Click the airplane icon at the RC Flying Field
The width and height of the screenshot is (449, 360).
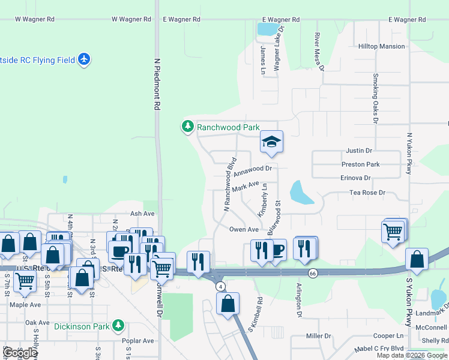click(x=84, y=59)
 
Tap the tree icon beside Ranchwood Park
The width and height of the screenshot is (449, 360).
click(x=188, y=127)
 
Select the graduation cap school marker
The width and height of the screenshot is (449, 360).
click(x=271, y=142)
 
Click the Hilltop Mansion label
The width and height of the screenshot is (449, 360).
click(x=381, y=46)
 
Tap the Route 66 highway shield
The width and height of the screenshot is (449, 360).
click(x=313, y=273)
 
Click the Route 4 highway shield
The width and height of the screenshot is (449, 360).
click(x=221, y=286)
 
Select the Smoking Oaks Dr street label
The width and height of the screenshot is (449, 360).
click(x=375, y=98)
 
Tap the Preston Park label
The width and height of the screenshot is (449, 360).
click(x=360, y=164)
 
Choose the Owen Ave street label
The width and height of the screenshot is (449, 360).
click(x=244, y=229)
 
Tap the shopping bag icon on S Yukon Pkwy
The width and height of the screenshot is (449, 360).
click(x=417, y=259)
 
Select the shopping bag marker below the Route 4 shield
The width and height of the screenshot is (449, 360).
click(x=228, y=304)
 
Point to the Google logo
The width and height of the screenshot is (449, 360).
click(x=20, y=353)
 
